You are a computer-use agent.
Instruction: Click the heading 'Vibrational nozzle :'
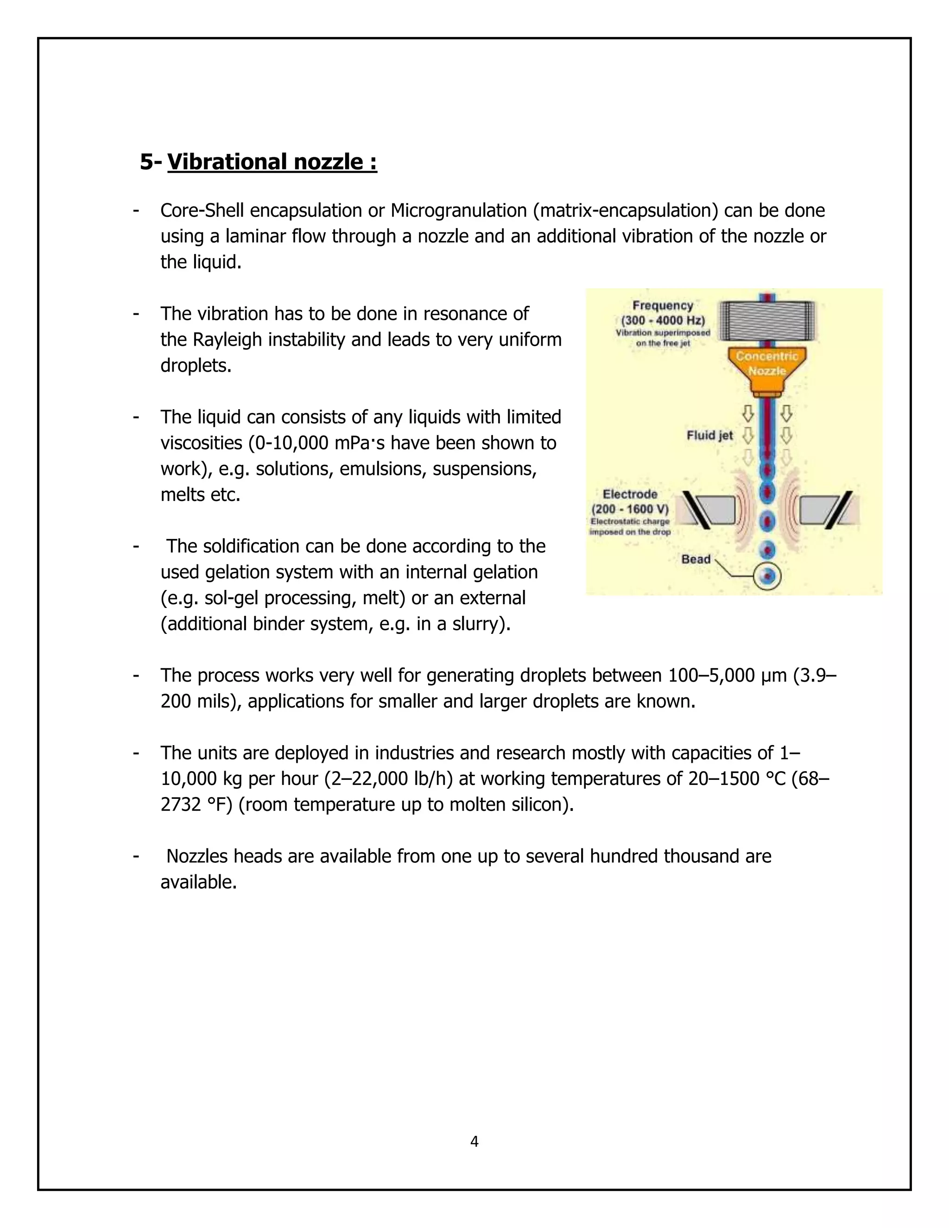tap(272, 162)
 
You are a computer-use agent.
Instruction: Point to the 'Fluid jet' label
tap(709, 435)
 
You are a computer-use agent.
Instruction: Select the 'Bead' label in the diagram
tap(696, 559)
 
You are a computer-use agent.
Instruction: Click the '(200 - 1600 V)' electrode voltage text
tap(630, 509)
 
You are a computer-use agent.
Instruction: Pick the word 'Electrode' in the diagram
tap(630, 494)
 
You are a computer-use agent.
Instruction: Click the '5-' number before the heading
tap(151, 162)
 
